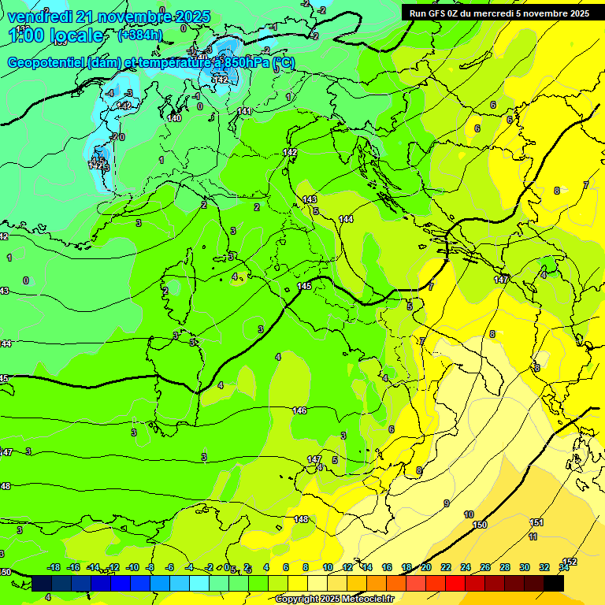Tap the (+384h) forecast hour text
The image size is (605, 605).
tap(139, 35)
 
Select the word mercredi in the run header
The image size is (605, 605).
tap(514, 13)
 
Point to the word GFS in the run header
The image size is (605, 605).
tap(436, 13)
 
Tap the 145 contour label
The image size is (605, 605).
tap(305, 286)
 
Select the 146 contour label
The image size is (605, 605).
tap(299, 410)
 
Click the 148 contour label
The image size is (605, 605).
tap(301, 519)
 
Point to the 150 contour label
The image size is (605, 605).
tap(480, 525)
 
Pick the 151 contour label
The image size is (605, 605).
tap(536, 522)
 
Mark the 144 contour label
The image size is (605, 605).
tap(346, 219)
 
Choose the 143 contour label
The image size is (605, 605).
tap(310, 200)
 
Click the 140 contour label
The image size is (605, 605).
tap(175, 119)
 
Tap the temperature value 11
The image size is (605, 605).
tap(533, 536)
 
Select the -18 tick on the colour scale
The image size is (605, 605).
tap(54, 567)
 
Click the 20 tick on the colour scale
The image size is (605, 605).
tap(426, 567)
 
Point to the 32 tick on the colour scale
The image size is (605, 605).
tap(544, 567)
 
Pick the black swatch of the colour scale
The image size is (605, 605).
tap(554, 583)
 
